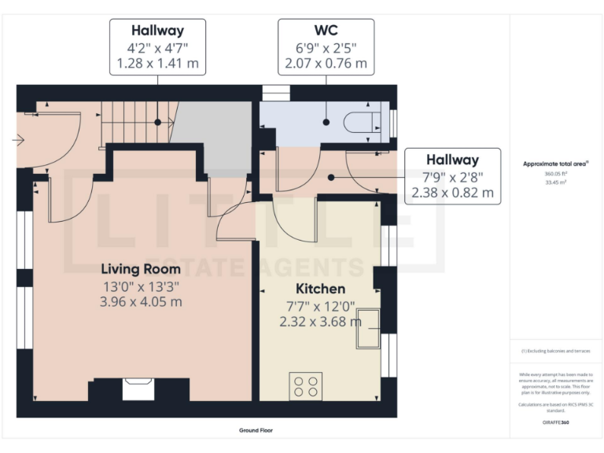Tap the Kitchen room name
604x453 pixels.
click(x=320, y=289)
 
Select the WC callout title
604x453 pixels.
click(x=326, y=31)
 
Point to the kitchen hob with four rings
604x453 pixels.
click(x=304, y=385)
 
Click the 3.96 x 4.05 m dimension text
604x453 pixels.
click(x=142, y=301)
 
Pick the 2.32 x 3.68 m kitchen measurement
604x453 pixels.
click(x=320, y=321)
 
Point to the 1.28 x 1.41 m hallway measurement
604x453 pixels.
click(x=157, y=62)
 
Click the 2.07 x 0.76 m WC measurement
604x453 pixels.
click(x=326, y=62)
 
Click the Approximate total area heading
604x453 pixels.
click(x=556, y=164)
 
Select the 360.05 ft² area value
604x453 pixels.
click(x=555, y=173)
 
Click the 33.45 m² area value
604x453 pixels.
click(x=555, y=181)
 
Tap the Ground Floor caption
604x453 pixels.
click(x=256, y=430)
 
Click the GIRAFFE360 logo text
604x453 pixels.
click(x=555, y=422)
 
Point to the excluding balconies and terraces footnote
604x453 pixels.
click(x=555, y=351)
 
